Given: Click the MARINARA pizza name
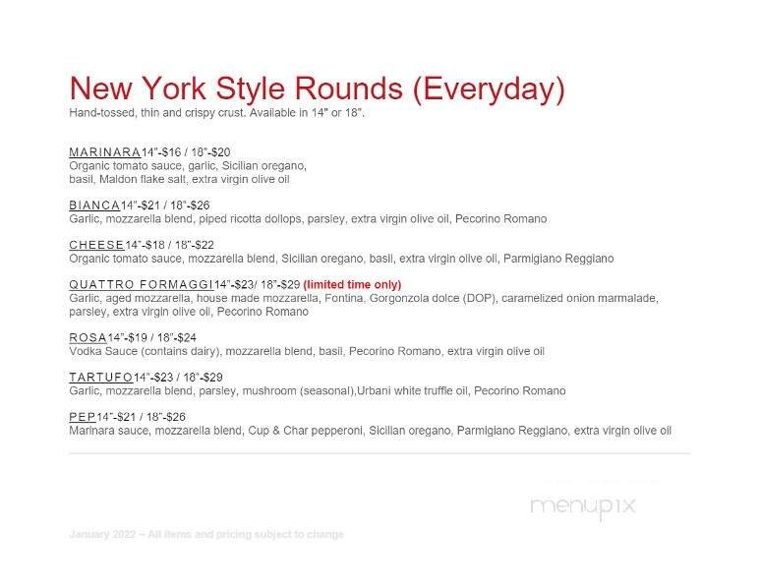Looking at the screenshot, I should [x=104, y=152].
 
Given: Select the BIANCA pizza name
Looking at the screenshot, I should [x=94, y=205].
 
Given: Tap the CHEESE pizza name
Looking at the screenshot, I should [x=96, y=244].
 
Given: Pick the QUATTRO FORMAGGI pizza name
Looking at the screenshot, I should [x=141, y=284].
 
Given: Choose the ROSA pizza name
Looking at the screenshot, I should [x=88, y=337].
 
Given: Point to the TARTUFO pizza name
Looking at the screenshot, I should [x=100, y=377].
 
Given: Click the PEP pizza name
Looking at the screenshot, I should [x=82, y=417].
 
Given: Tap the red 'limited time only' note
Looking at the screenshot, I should [x=352, y=284].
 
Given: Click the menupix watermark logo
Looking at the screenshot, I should [x=583, y=506].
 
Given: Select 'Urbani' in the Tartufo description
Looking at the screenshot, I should [x=377, y=390].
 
